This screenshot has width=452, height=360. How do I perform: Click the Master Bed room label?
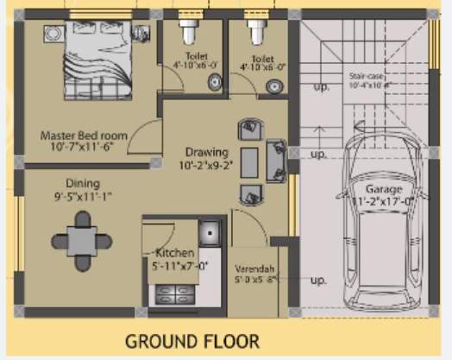click(x=84, y=136)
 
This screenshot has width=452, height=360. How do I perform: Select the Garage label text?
click(x=382, y=190)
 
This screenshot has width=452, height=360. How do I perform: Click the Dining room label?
click(x=83, y=183)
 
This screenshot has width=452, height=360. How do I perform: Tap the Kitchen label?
click(x=175, y=254)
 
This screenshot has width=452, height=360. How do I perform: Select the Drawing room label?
click(x=206, y=152)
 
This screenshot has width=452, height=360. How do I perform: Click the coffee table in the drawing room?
click(x=248, y=162)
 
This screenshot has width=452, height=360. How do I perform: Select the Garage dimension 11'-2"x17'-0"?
click(x=382, y=203)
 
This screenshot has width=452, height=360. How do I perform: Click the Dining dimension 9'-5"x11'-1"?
click(x=83, y=196)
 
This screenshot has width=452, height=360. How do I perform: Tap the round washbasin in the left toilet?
click(x=213, y=83)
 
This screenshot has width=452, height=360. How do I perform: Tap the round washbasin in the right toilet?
click(x=273, y=85)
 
